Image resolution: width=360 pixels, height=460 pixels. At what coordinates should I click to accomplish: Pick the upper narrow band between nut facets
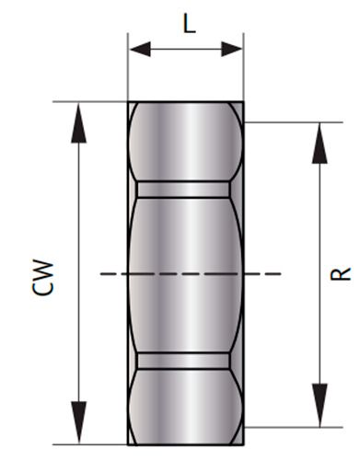coord(186,189)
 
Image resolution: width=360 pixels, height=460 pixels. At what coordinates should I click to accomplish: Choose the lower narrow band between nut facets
coord(186,360)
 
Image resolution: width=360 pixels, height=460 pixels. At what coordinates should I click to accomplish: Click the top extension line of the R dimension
coord(285,121)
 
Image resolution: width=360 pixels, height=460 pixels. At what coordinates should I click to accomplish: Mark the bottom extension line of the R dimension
coord(285,427)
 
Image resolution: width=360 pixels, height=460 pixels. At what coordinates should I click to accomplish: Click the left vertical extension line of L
coord(128,64)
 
